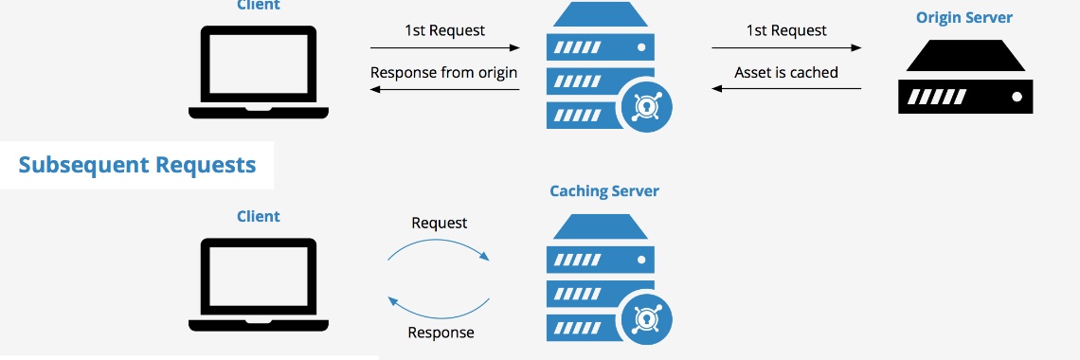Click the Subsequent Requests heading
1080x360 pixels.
tap(137, 165)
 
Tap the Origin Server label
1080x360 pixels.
tap(964, 18)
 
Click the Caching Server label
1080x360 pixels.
tap(604, 190)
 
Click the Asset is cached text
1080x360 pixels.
tap(786, 72)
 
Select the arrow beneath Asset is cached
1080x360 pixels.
tap(786, 89)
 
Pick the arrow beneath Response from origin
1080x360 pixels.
tap(444, 89)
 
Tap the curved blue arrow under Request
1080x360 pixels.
tap(440, 246)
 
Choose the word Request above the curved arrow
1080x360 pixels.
tap(440, 223)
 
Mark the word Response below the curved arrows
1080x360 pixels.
tap(441, 333)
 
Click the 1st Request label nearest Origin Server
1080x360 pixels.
tap(786, 30)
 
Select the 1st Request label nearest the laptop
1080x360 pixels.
tap(444, 30)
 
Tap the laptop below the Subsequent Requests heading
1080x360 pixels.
tap(259, 283)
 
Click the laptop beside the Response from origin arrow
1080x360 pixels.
tap(259, 72)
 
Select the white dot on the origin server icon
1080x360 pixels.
tap(1017, 97)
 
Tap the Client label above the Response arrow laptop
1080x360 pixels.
tap(259, 216)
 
